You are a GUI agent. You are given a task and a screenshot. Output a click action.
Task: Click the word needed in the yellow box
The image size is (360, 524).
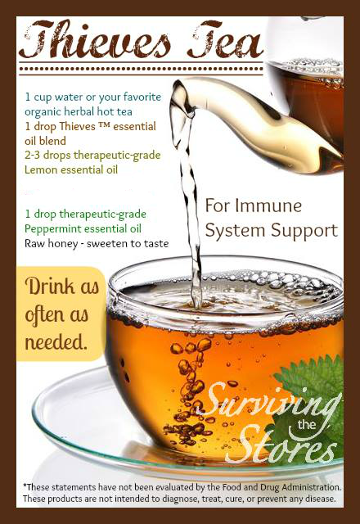56,342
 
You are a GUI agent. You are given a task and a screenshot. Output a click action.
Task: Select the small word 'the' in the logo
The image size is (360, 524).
307,424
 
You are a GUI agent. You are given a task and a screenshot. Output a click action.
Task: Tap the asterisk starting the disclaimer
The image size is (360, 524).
25,486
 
